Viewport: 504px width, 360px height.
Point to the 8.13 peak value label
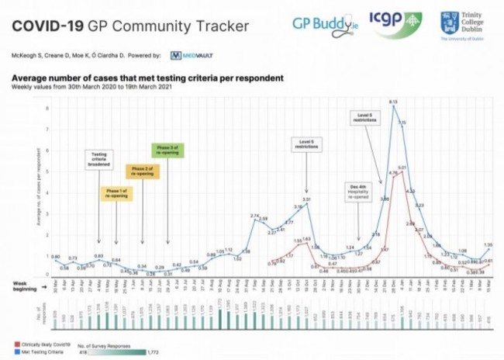(393, 102)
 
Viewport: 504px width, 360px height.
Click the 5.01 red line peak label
(402, 168)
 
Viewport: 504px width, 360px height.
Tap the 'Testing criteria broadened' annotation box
(98, 159)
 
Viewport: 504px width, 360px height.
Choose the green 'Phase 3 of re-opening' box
(167, 151)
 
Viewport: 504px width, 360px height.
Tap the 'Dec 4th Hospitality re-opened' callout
(358, 190)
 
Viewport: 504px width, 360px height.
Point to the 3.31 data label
(306, 199)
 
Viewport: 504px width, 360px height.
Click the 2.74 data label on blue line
(254, 215)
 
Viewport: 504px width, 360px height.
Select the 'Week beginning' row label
(25, 286)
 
